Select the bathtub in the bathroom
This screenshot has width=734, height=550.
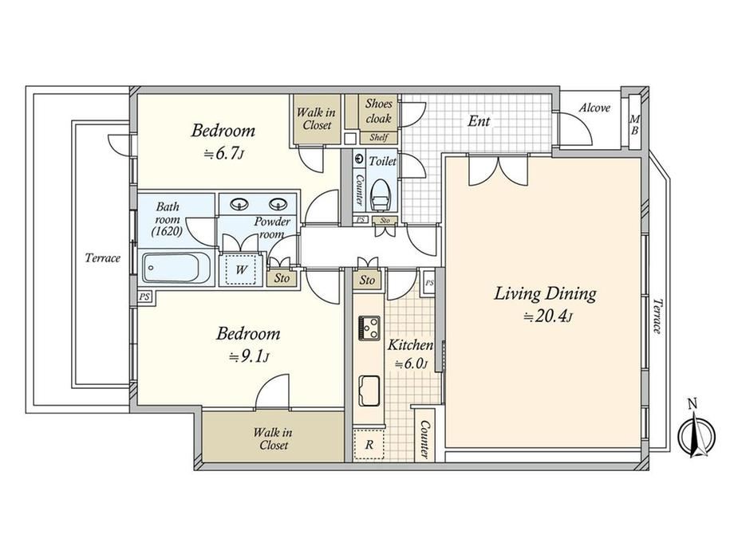(176, 268)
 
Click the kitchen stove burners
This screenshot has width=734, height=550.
(369, 328)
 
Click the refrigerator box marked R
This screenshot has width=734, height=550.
(369, 444)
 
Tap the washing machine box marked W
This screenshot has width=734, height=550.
(241, 269)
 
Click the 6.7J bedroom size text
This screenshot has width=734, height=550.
(224, 152)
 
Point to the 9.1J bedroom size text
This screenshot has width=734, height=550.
(249, 357)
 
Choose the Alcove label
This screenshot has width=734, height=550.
(594, 108)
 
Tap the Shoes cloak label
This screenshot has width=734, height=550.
(378, 112)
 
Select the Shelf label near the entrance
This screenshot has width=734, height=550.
(379, 137)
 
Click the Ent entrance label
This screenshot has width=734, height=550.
(479, 121)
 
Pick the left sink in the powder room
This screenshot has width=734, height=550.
(240, 204)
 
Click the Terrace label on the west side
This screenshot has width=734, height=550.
(103, 257)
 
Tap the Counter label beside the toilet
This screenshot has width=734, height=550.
(360, 191)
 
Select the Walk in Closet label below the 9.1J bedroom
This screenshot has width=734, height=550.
(273, 438)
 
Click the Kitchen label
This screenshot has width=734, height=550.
(410, 346)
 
